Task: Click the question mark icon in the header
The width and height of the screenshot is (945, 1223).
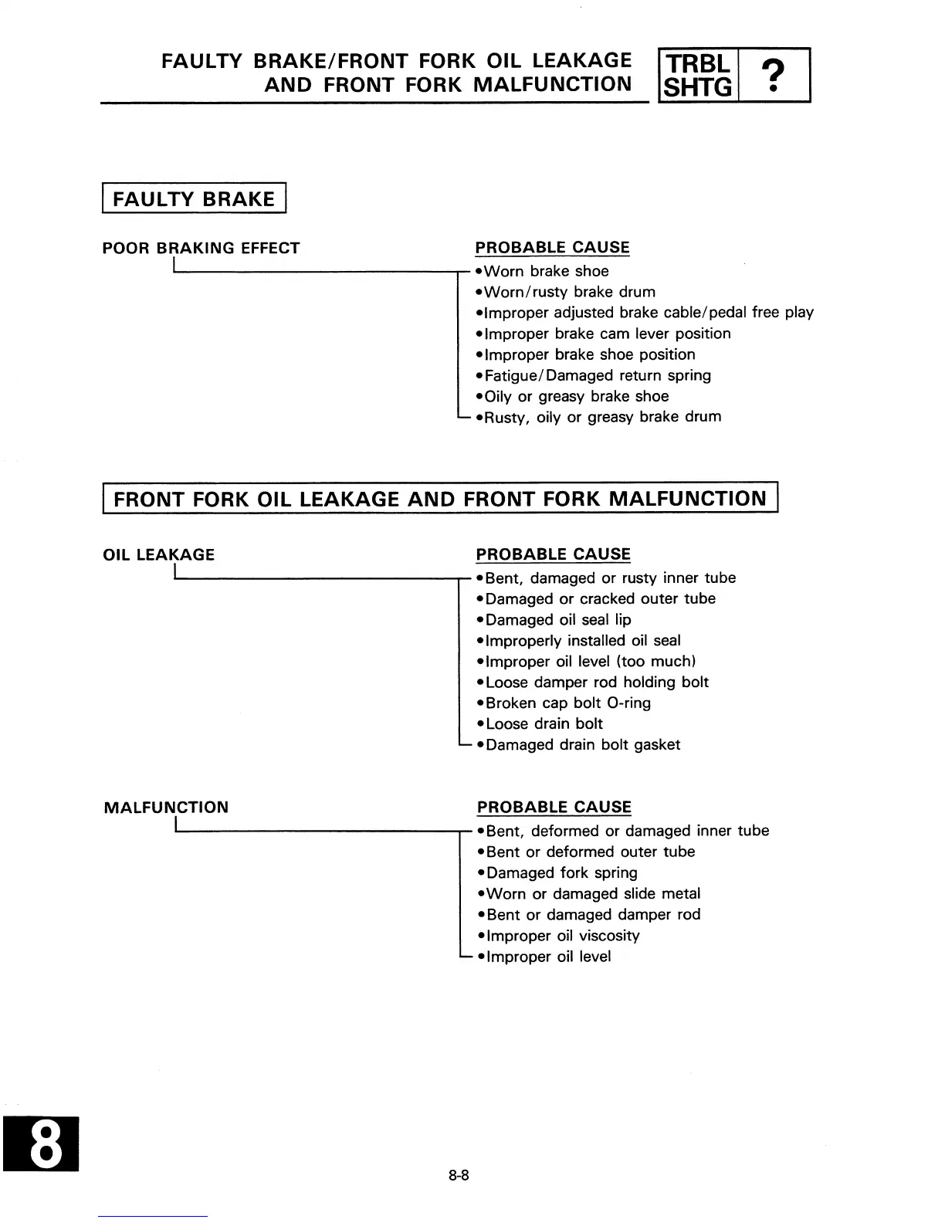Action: tap(774, 76)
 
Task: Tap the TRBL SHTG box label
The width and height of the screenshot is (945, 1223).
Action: tap(698, 76)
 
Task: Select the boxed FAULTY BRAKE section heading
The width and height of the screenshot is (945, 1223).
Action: tap(194, 199)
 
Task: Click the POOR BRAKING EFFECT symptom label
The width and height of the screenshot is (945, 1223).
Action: tap(201, 249)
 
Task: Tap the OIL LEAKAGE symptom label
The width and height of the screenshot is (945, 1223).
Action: tap(159, 555)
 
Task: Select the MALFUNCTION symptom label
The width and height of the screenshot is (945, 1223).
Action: tap(166, 808)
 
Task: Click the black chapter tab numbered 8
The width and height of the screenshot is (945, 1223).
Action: tap(46, 1143)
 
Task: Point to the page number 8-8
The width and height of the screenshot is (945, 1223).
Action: tap(459, 1176)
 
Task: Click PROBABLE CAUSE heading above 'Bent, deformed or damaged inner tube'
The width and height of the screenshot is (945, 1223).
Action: tap(554, 808)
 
